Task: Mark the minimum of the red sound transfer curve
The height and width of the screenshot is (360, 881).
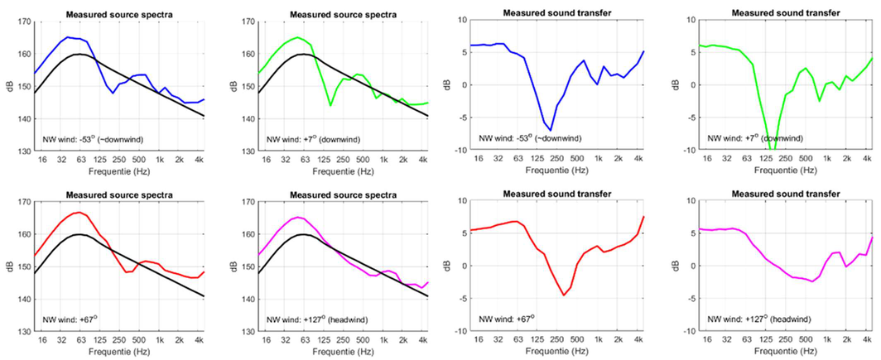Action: click(564, 295)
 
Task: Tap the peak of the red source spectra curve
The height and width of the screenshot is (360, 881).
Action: click(77, 213)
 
